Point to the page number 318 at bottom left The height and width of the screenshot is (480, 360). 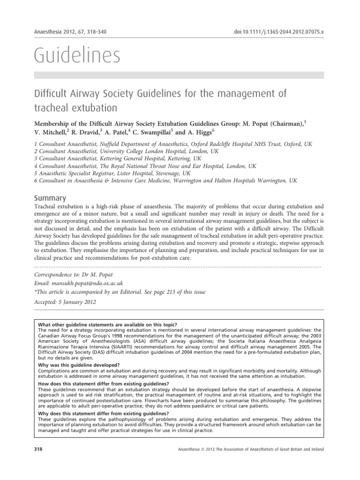click(39, 450)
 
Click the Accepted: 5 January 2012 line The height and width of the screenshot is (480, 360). click(66, 302)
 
